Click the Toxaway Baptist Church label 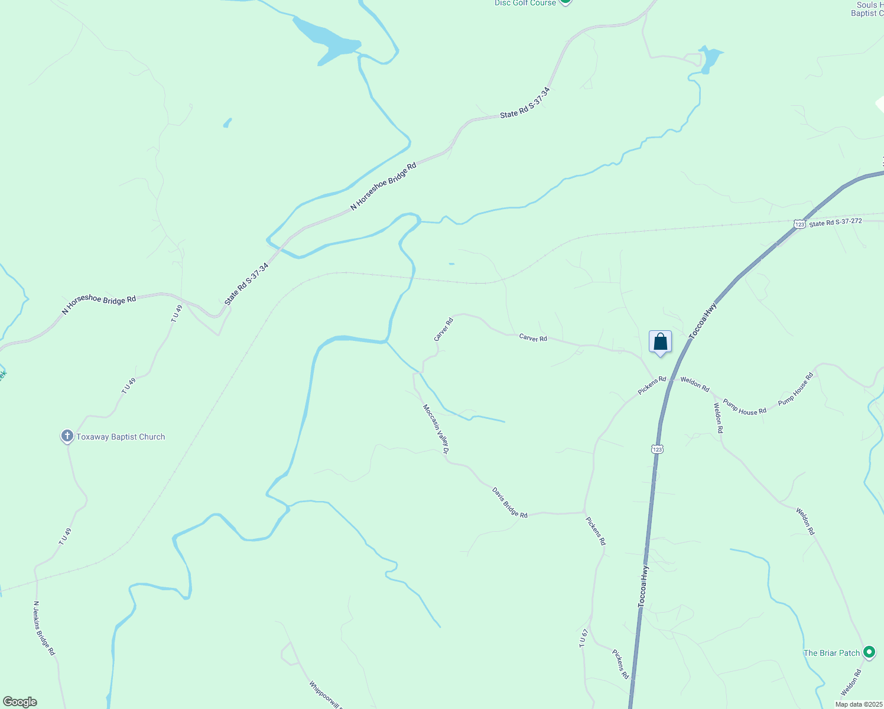[x=121, y=437]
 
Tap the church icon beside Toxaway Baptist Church [x=67, y=437]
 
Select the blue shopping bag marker [x=660, y=342]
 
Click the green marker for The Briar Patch [x=869, y=652]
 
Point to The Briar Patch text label [x=831, y=653]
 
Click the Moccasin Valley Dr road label [x=436, y=429]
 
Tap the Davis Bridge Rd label [x=510, y=502]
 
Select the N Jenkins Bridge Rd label [x=44, y=628]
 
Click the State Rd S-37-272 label [x=836, y=223]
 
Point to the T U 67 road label [x=583, y=638]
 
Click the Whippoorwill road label [x=325, y=694]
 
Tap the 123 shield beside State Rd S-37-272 [x=799, y=224]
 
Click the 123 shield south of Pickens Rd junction [x=658, y=449]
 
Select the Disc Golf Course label [x=525, y=3]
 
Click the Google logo [x=20, y=702]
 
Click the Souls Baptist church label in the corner [x=869, y=9]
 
